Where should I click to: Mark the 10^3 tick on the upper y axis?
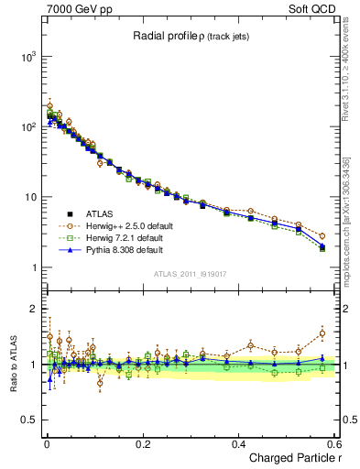(x=27, y=57)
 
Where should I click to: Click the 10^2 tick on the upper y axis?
(x=27, y=127)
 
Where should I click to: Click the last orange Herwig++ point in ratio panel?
(x=322, y=333)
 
